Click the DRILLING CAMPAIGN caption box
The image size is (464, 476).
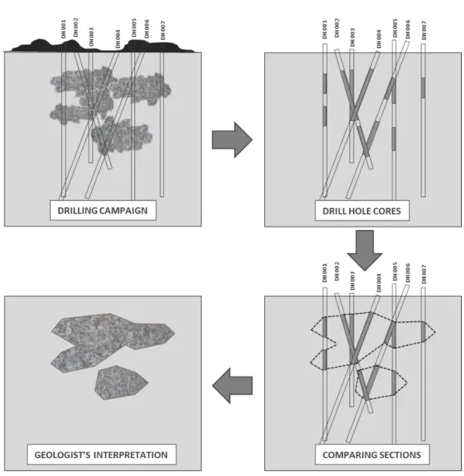(103, 210)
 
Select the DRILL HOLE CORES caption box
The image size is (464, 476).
(362, 211)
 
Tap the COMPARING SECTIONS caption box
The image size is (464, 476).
(372, 454)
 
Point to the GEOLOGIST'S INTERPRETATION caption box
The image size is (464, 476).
(101, 454)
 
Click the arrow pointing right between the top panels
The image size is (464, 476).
(232, 140)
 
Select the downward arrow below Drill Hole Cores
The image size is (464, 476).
(365, 250)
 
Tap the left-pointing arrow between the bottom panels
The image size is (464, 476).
(232, 386)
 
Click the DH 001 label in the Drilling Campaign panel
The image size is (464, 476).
(63, 29)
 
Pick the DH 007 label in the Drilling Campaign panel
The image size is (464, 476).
(163, 31)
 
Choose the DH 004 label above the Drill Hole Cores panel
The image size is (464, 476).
(379, 39)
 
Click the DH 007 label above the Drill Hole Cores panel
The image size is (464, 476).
(424, 31)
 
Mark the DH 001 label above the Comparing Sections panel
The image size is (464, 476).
(325, 273)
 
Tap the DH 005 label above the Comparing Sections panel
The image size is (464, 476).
(395, 272)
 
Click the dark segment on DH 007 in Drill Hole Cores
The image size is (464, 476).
(423, 87)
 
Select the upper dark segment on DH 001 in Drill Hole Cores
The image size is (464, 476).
(325, 84)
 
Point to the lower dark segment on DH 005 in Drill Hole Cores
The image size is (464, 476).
(394, 139)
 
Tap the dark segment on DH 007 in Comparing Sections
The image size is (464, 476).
(423, 332)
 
